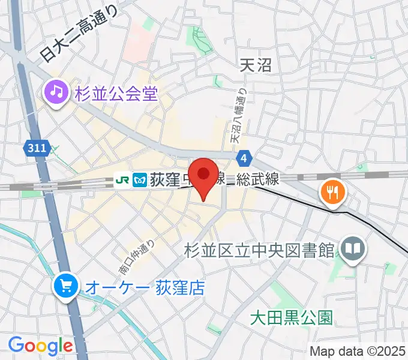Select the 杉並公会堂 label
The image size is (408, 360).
116,94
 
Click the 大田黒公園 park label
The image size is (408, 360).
291,317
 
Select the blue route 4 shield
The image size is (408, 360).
244,158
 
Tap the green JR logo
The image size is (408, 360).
123,179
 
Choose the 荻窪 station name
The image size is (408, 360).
165,179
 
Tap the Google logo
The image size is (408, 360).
40,346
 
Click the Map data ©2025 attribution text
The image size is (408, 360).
358,351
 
